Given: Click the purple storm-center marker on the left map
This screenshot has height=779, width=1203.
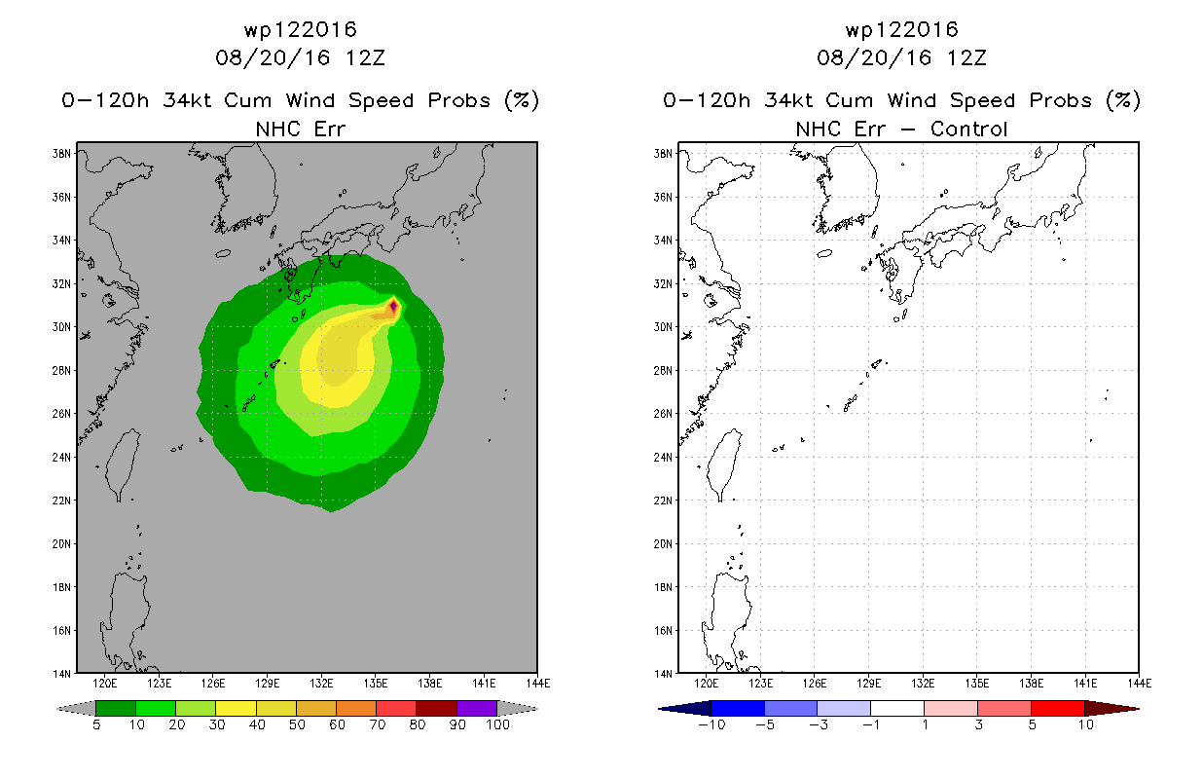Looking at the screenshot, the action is [393, 306].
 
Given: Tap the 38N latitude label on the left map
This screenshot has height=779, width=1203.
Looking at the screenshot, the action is [61, 154].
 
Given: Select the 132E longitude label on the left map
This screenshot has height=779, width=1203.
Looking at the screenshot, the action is [321, 684].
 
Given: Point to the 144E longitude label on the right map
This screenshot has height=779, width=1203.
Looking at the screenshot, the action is [1140, 684].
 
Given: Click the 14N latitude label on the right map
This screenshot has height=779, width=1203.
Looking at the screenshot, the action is [663, 674].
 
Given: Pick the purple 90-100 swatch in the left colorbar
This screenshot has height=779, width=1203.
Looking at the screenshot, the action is [477, 708].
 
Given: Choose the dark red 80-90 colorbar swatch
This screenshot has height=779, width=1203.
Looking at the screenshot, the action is [437, 708].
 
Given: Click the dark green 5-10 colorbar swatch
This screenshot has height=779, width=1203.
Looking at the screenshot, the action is [116, 708].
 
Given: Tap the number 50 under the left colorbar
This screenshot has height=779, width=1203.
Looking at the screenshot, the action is [297, 724].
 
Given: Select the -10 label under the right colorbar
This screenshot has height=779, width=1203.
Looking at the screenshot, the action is [711, 724].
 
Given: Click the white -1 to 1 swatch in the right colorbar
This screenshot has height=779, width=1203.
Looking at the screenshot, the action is [897, 708].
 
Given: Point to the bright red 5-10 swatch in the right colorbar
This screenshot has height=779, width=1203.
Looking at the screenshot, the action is [1058, 708].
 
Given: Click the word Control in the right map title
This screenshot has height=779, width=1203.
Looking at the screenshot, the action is [968, 129].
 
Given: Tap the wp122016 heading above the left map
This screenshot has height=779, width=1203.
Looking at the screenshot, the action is [300, 29].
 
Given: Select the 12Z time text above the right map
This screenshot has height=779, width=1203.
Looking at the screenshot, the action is [966, 57].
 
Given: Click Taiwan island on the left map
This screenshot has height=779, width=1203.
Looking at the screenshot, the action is [123, 464].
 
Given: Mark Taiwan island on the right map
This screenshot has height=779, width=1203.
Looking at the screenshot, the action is [724, 464].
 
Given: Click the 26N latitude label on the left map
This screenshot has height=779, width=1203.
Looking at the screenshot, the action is [61, 414].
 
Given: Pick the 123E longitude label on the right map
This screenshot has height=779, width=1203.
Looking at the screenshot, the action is [760, 684].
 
